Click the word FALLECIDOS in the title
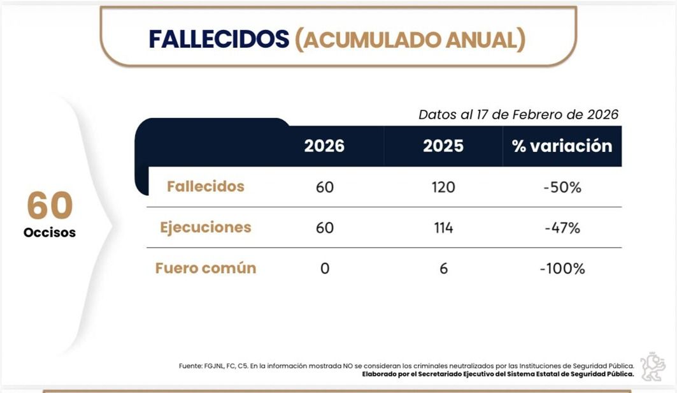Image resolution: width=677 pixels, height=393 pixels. tap(218, 39)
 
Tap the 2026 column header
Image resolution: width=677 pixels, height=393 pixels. tap(324, 146)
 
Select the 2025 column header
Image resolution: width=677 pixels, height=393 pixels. tap(443, 146)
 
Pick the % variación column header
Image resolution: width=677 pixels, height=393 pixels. tap(562, 146)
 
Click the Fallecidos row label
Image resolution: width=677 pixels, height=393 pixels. tap(206, 186)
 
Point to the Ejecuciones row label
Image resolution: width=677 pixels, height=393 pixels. tap(206, 227)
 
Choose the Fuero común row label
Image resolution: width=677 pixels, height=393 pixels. tap(206, 268)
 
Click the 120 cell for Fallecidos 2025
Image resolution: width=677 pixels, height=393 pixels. tap(443, 187)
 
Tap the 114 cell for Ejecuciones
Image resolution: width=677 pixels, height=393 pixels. tap(443, 228)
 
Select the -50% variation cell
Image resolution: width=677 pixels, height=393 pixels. tap(562, 187)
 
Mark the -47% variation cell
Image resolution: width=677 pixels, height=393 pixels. tap(562, 228)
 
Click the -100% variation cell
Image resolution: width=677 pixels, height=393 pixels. tap(562, 269)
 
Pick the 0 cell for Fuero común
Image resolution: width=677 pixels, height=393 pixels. tap(325, 269)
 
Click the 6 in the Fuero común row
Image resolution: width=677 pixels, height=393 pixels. tap(443, 269)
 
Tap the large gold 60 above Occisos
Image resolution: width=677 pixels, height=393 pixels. tap(50, 205)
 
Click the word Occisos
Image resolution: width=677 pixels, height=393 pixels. tap(50, 233)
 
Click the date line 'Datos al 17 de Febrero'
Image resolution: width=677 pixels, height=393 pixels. tap(518, 115)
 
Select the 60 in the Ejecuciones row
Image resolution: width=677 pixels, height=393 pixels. tap(325, 228)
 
